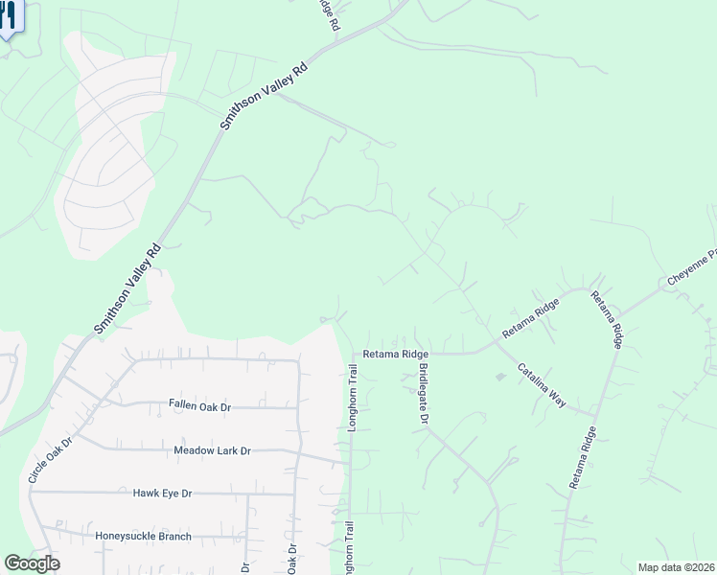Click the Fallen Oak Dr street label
pyautogui.click(x=200, y=406)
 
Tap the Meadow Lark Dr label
pyautogui.click(x=212, y=450)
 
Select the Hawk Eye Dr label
pyautogui.click(x=162, y=493)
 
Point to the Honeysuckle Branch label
pyautogui.click(x=143, y=536)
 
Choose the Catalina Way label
pyautogui.click(x=542, y=385)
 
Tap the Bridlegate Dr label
pyautogui.click(x=422, y=394)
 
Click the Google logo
pyautogui.click(x=32, y=563)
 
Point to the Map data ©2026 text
pyautogui.click(x=676, y=567)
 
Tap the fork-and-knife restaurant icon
pyautogui.click(x=8, y=17)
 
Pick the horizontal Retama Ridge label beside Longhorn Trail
pyautogui.click(x=395, y=354)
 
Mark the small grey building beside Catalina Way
pyautogui.click(x=499, y=377)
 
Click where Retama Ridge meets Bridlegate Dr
pyautogui.click(x=418, y=354)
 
